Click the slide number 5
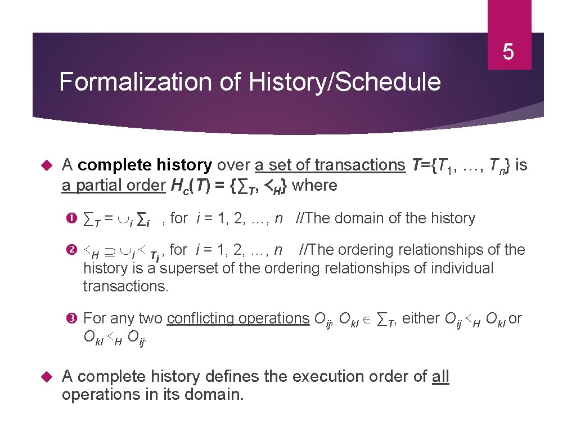click(x=508, y=52)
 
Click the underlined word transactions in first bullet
click(x=360, y=165)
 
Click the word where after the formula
click(x=315, y=185)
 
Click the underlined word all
click(x=440, y=376)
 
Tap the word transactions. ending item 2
click(x=126, y=286)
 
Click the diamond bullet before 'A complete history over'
click(x=47, y=165)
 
